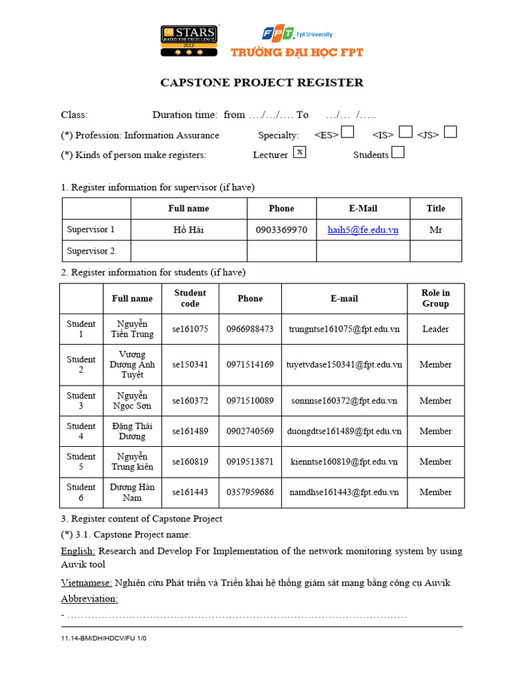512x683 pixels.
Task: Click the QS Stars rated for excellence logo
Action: point(189,41)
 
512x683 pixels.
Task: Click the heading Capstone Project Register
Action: point(262,83)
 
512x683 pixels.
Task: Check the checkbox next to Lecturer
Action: point(300,152)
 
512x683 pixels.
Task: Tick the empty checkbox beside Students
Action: point(397,153)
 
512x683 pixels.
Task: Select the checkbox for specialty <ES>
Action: point(347,133)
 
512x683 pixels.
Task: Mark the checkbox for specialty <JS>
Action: point(450,132)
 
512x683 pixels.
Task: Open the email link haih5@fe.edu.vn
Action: point(363,229)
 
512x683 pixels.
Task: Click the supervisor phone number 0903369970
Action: point(281,229)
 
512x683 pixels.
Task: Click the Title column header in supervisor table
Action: point(435,208)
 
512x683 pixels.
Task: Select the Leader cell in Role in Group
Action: point(435,329)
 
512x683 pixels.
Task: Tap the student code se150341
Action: point(190,365)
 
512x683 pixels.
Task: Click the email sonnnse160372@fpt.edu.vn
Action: point(344,401)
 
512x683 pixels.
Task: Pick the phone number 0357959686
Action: point(250,492)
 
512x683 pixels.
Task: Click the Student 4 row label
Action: point(81,432)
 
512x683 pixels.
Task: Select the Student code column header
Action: point(190,298)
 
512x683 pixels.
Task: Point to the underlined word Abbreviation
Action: point(89,598)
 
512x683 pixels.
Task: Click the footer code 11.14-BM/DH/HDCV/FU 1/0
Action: point(103,638)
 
